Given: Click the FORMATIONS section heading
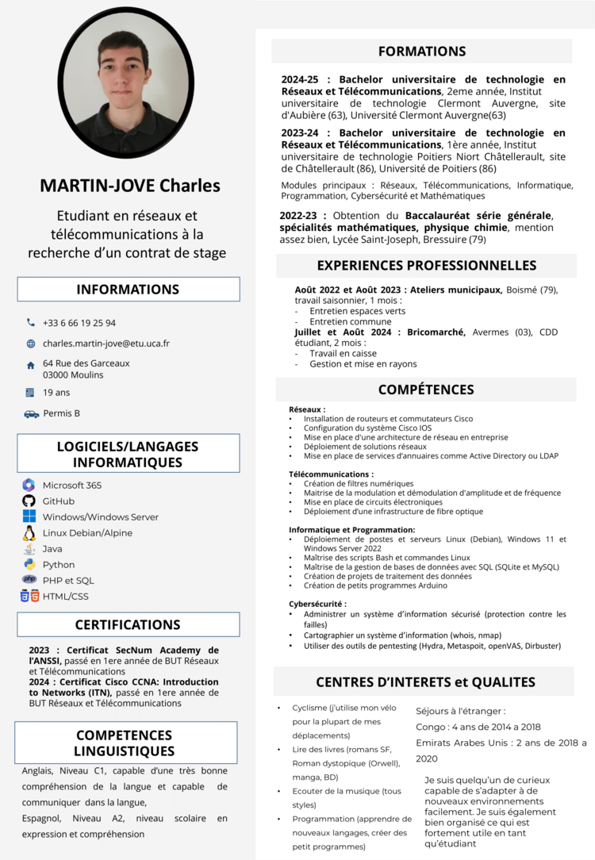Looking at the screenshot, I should [x=421, y=52].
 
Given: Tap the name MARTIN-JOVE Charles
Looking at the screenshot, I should [x=130, y=186].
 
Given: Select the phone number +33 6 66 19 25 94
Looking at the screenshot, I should [x=79, y=323].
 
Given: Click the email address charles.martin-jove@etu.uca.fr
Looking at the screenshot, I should [x=106, y=344].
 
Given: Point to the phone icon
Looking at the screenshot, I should [x=31, y=323].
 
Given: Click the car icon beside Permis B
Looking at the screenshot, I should [x=31, y=413].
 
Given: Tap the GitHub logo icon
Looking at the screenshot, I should [x=29, y=501].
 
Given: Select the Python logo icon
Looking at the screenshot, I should [x=29, y=565].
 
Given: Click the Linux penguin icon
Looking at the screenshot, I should [x=29, y=533].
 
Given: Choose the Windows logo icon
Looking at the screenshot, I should [x=29, y=516].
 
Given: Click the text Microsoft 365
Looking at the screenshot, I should [x=72, y=485].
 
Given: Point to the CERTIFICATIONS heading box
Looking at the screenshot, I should [x=128, y=624].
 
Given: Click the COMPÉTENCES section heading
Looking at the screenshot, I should [x=426, y=390].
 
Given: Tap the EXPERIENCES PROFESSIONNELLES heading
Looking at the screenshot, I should [x=427, y=266].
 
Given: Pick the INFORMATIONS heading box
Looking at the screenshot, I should [x=128, y=290].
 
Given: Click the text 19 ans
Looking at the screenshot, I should [x=56, y=392].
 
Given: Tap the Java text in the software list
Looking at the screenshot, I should [x=52, y=549].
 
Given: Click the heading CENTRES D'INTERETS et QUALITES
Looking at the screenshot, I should [x=425, y=681].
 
